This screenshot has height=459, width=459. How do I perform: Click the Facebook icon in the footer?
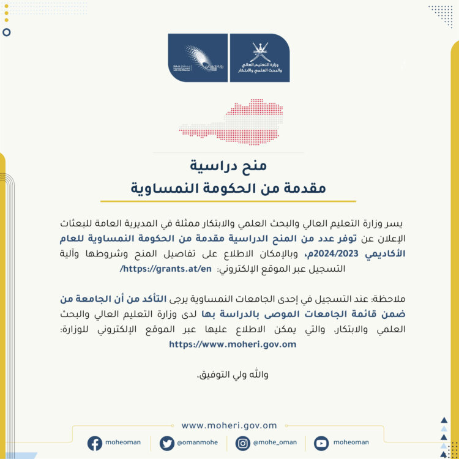tap(95, 443)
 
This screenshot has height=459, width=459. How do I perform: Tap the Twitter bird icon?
tap(166, 443)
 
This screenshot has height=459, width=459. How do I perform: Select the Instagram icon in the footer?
tap(242, 443)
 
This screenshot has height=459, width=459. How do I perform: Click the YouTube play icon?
tap(321, 443)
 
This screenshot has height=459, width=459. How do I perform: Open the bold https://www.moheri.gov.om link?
tap(232, 344)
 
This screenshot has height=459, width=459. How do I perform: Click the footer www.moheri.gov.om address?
tap(229, 425)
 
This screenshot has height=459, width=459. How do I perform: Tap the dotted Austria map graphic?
tap(231, 122)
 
